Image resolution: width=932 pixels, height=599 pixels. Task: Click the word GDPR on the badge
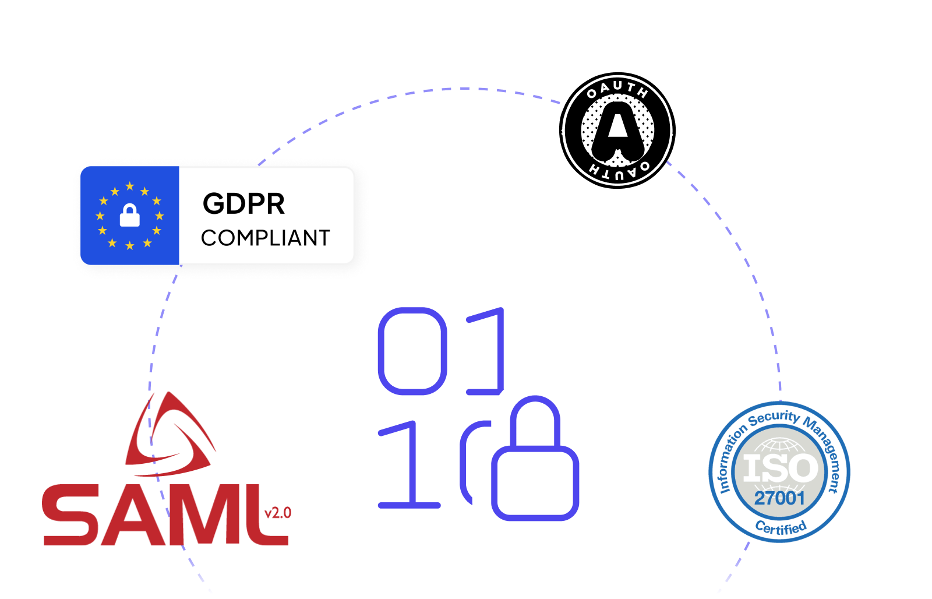[x=244, y=204]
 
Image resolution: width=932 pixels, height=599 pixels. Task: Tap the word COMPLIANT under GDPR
[x=266, y=238]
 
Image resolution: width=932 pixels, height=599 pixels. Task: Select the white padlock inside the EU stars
[x=130, y=215]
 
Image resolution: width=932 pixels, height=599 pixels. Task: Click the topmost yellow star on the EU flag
[x=130, y=186]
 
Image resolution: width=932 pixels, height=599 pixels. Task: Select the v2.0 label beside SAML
[x=278, y=512]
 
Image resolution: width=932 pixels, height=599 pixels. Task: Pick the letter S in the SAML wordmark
[x=70, y=515]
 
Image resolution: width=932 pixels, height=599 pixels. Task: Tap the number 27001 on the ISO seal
[x=780, y=498]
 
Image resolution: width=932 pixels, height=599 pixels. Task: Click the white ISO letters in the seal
[x=781, y=468]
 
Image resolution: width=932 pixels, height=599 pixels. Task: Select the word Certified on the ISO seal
[x=781, y=527]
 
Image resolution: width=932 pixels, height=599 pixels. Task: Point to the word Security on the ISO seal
[x=774, y=418]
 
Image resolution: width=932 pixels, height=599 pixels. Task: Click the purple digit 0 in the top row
[x=412, y=351]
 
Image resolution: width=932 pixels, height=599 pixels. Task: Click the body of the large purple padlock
[x=535, y=483]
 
